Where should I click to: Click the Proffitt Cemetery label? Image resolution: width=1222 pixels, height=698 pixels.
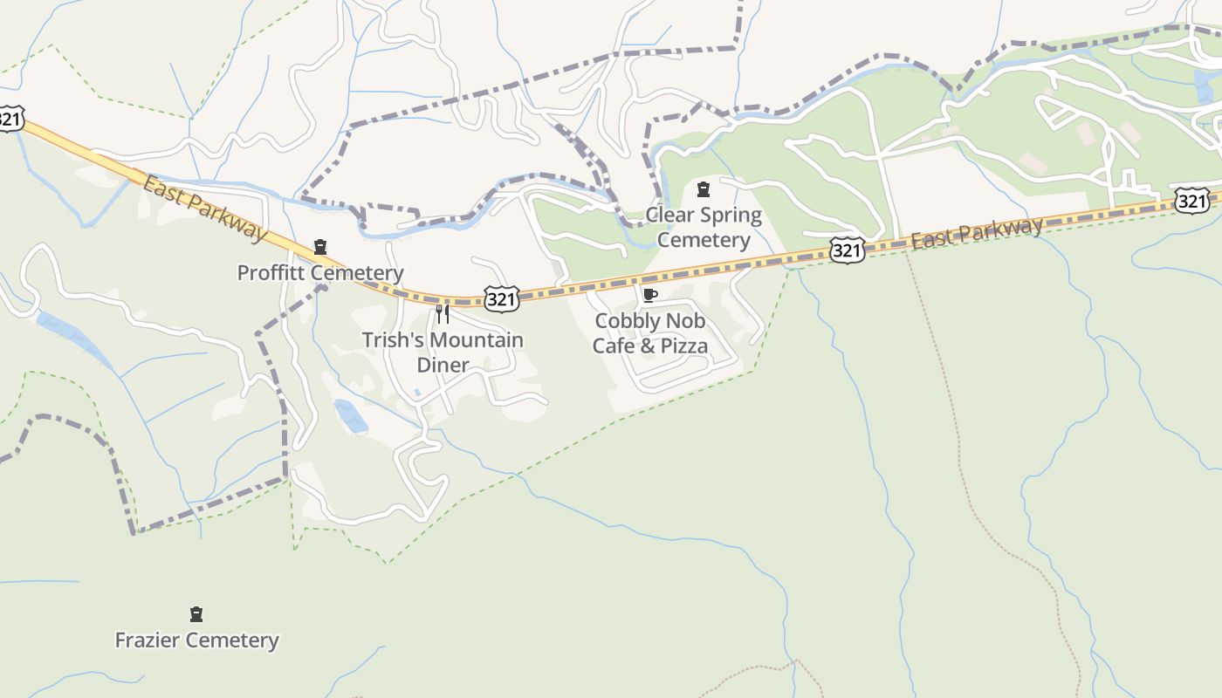coord(320,273)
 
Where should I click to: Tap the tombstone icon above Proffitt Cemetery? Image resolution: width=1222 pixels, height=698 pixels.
coord(320,247)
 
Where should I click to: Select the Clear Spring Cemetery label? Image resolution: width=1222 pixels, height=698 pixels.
coord(704,227)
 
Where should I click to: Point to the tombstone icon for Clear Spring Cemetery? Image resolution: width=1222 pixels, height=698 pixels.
coord(704,189)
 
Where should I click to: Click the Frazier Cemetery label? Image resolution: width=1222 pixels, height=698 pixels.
coord(197,640)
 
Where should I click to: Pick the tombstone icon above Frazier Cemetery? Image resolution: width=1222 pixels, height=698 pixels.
coord(196,614)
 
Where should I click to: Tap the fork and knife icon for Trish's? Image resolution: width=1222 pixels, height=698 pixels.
coord(443,314)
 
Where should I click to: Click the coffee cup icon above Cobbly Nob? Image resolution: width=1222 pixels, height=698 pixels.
coord(649,295)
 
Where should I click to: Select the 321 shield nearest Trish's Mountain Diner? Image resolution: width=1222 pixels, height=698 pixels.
coord(502,299)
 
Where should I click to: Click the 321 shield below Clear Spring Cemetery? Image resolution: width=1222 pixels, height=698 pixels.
coord(847,250)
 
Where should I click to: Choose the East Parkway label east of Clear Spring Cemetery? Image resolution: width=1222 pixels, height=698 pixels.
coord(977,233)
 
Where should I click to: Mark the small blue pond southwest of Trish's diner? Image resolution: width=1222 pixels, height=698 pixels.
coord(350,416)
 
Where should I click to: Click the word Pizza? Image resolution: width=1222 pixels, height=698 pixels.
coord(684,346)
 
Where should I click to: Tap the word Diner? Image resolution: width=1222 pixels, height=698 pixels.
coord(443,365)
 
